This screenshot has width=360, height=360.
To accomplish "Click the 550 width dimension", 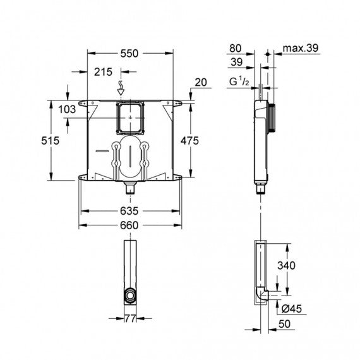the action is click(129, 54).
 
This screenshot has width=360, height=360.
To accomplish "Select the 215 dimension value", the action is click(104, 72).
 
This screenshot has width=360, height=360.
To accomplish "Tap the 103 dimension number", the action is click(67, 109).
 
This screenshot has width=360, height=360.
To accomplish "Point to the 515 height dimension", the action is click(51, 140).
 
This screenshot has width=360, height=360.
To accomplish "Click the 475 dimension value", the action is click(189, 140).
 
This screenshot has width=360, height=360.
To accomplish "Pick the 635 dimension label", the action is click(129, 211).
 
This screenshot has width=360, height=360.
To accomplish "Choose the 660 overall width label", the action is click(129, 225).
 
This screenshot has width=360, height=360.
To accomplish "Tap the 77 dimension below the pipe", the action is click(130, 319).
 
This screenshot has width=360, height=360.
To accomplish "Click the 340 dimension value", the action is click(286, 266).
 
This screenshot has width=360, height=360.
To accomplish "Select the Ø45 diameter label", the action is click(292, 309).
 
